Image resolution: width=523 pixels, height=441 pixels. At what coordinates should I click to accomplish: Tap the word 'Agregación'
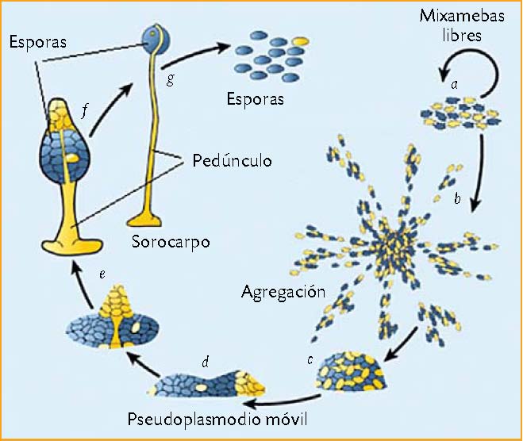coord(283,291)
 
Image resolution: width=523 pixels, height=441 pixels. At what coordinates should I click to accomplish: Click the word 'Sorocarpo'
coord(171,241)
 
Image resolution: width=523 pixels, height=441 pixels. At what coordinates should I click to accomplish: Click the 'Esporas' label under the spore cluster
coord(254,100)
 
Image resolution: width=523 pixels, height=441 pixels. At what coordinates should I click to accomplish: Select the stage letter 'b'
coord(456,199)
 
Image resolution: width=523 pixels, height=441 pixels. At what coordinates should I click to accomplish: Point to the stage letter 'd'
coord(205,362)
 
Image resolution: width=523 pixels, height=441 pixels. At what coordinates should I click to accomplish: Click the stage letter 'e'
coord(102,274)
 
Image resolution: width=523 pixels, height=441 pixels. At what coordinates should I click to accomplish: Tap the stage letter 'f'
coord(84,109)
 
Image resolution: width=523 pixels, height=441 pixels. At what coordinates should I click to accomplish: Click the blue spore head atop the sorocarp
coord(152,37)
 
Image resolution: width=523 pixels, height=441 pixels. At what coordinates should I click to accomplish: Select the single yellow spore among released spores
coord(301,39)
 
